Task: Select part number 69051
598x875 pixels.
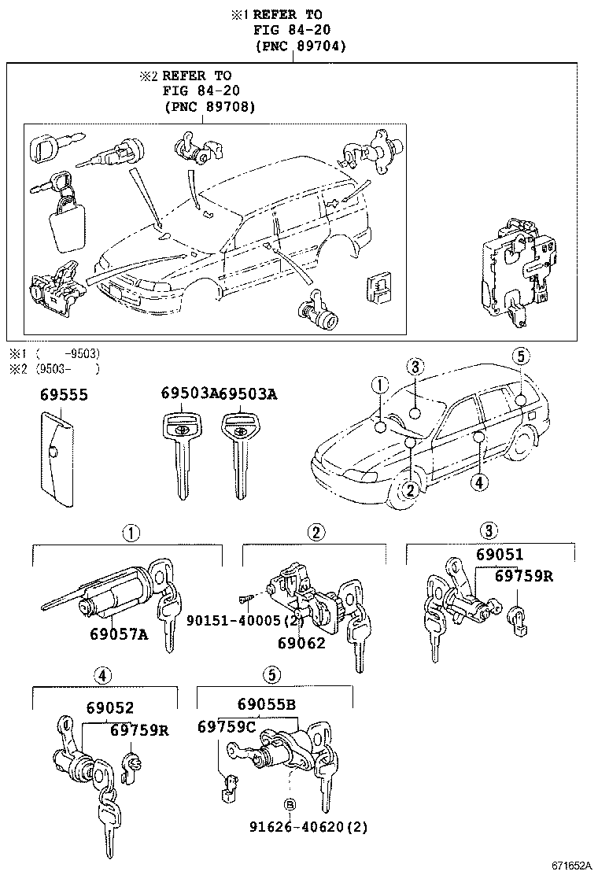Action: tap(499, 555)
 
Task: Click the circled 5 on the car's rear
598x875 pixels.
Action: tap(520, 356)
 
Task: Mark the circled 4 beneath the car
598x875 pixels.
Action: tap(478, 482)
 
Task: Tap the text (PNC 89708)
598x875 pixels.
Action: tap(209, 106)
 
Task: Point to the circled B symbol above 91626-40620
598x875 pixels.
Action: tap(289, 804)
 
